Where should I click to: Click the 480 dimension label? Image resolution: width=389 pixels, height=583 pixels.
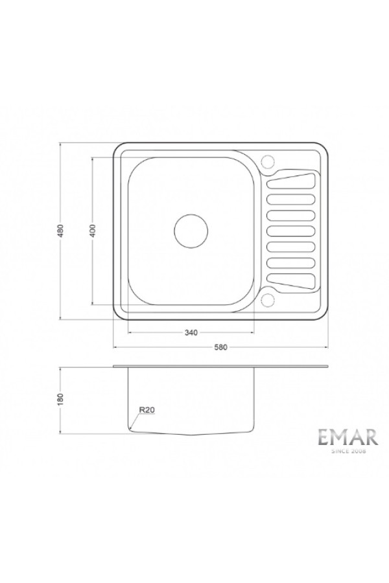click(x=62, y=231)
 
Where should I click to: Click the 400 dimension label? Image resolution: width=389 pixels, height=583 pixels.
click(x=93, y=231)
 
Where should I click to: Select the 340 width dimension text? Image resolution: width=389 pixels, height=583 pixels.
click(x=191, y=333)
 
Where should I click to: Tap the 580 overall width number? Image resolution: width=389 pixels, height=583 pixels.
click(x=220, y=347)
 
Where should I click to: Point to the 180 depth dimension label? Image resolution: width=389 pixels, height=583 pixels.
click(x=62, y=399)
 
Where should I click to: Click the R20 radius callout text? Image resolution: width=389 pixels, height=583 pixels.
click(x=147, y=410)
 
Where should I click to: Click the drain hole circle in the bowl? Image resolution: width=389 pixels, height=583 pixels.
click(x=191, y=231)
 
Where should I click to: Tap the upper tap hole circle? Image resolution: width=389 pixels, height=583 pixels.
click(x=267, y=161)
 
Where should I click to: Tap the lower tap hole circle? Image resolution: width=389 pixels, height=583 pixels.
click(x=267, y=301)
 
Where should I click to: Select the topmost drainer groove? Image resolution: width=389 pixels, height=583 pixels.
click(x=291, y=181)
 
